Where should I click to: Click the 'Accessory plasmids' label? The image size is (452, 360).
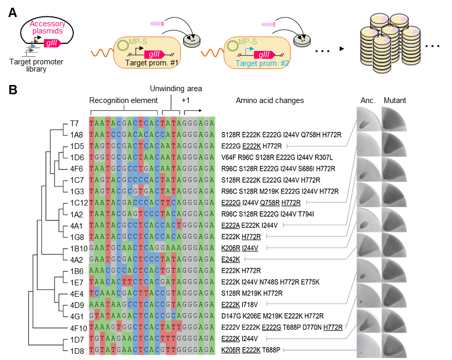point(47,27)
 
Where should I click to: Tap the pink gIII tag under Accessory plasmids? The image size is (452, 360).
point(53,43)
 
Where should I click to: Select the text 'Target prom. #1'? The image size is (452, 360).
point(152,63)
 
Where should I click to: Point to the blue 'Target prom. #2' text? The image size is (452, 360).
point(263,63)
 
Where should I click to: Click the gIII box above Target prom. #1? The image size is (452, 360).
point(155,54)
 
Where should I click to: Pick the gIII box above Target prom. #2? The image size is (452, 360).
point(264,55)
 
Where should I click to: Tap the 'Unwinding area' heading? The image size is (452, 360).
point(176,89)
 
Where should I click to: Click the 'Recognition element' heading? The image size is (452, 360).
point(123,100)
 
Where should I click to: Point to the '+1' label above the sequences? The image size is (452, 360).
point(186,100)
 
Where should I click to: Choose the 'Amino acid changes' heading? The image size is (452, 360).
point(270,100)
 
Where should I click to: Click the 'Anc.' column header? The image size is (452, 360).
point(367,100)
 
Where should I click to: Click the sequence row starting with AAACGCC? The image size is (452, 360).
point(152,270)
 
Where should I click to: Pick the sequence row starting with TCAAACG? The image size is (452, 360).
point(152,293)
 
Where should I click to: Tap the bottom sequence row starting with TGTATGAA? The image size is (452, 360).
point(152,350)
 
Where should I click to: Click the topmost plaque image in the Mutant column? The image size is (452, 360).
point(394,119)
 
